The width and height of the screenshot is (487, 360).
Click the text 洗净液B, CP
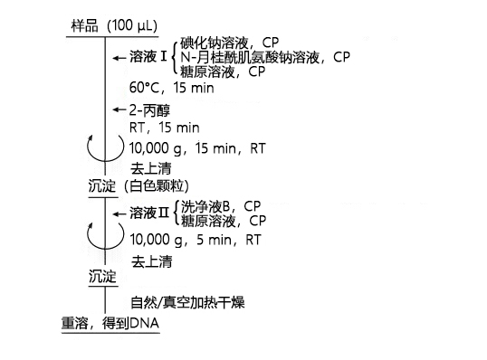tap(222, 205)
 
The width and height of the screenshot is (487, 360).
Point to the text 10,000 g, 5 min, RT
tap(196, 241)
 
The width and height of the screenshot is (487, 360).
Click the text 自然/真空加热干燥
tap(189, 303)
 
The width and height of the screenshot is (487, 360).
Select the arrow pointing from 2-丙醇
tap(118, 109)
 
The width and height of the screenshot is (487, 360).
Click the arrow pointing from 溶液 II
tap(118, 213)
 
